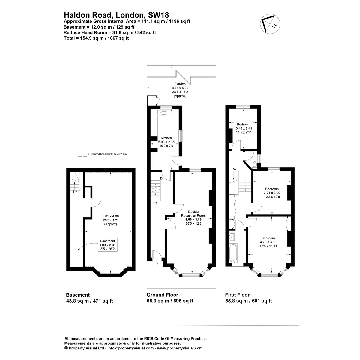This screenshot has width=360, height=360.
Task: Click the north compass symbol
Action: click(x=270, y=24)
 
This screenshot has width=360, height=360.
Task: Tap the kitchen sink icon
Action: click(x=162, y=112)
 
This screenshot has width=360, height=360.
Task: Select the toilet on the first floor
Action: click(x=255, y=165)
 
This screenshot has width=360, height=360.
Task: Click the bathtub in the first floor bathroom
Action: click(x=233, y=253)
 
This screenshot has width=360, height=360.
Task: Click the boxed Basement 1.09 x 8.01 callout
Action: click(x=108, y=245)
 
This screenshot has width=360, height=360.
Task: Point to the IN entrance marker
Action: click(x=156, y=263)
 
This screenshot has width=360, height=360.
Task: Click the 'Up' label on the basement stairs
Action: click(x=75, y=192)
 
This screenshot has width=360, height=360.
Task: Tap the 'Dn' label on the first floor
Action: click(x=234, y=169)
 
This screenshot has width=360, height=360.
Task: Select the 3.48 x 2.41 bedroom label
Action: click(x=244, y=128)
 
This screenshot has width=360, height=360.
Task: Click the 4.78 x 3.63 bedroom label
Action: click(x=268, y=242)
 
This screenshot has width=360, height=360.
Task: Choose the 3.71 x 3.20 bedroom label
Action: click(x=272, y=193)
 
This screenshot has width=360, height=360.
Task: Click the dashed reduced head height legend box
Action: click(x=82, y=154)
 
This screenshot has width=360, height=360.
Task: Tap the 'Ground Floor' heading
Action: click(x=162, y=295)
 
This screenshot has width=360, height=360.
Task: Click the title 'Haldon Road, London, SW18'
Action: click(x=116, y=15)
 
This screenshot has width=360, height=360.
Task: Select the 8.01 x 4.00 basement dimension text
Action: click(x=111, y=220)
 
